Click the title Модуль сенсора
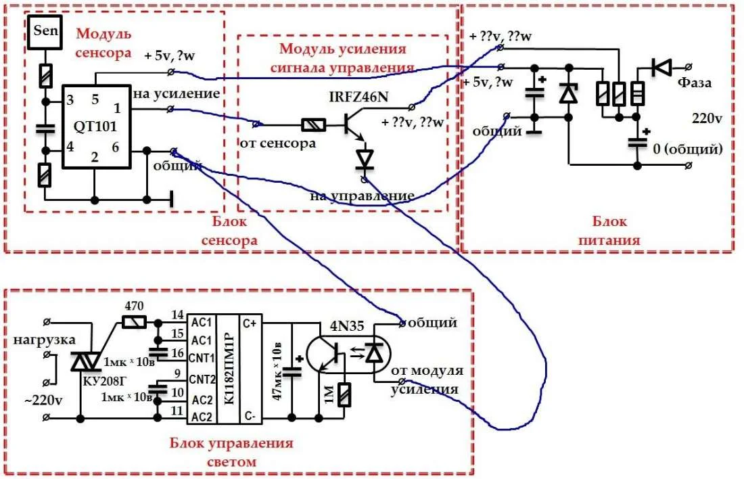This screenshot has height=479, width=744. click(x=104, y=43)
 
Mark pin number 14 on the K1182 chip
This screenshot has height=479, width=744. click(x=177, y=314)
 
